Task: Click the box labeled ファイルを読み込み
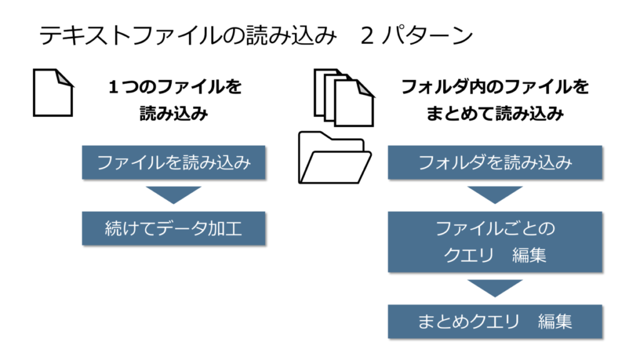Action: coord(174,163)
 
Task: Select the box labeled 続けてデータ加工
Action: coord(174,229)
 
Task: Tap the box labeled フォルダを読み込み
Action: coord(494,163)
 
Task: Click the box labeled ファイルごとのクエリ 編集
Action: coord(494,242)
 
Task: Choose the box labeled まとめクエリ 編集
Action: coord(494,321)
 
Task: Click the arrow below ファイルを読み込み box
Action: coord(174,194)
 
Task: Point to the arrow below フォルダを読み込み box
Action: coord(494,194)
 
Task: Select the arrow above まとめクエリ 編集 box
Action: coord(494,287)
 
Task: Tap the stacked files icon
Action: coord(343,97)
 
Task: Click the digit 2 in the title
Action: coord(367,36)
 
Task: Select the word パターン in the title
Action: coord(432,36)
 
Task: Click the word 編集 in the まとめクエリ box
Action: coord(554,321)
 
